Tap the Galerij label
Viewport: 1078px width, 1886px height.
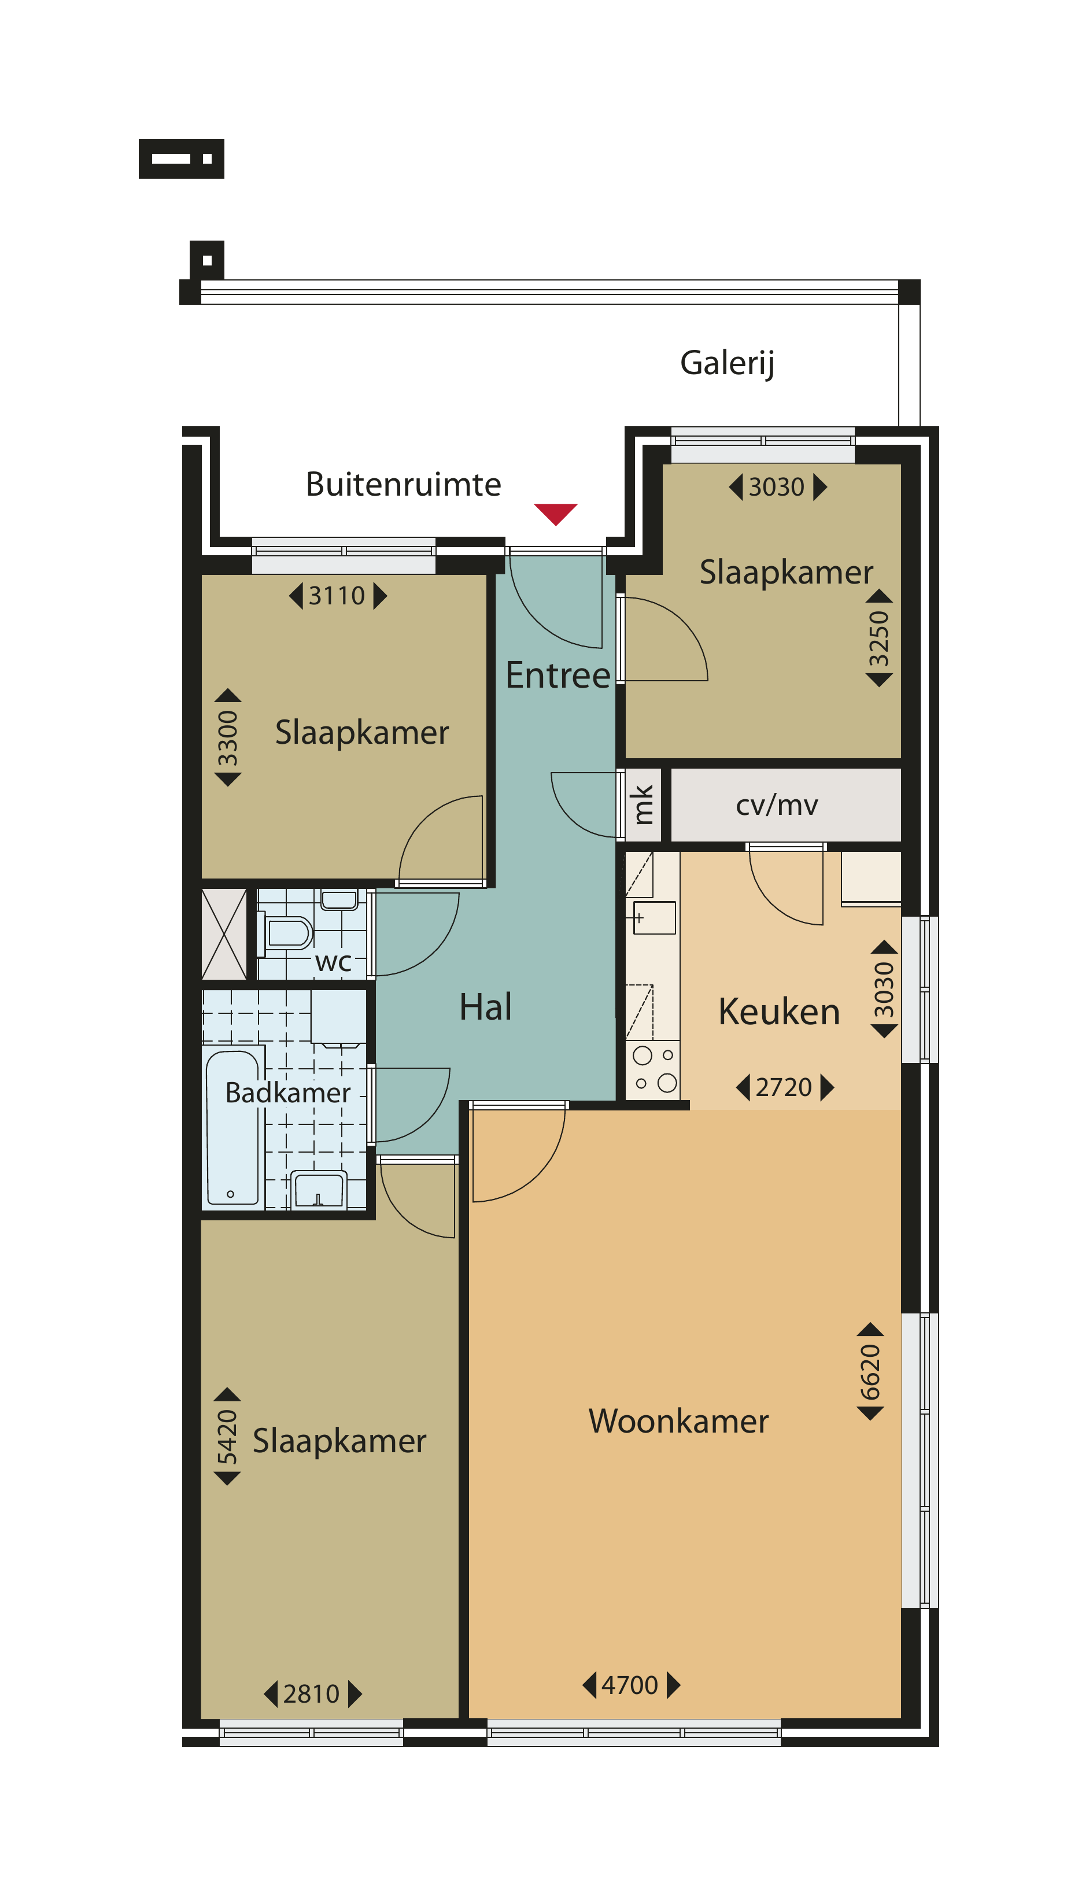727,363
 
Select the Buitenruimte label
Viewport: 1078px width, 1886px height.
404,484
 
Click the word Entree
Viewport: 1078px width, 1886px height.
558,675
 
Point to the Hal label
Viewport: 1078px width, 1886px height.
485,1007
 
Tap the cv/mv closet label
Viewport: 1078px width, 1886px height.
777,805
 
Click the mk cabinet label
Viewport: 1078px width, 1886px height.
642,804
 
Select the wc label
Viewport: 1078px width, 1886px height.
333,962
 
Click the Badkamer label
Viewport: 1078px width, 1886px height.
287,1093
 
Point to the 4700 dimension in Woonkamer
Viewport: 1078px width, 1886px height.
630,1685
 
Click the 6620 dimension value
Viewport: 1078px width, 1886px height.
870,1372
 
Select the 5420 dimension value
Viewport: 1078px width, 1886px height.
227,1437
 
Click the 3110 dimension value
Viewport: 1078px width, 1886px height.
337,595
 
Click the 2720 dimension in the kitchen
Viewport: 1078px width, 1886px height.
784,1087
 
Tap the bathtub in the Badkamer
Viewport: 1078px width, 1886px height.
232,1128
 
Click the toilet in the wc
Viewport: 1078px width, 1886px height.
286,933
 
